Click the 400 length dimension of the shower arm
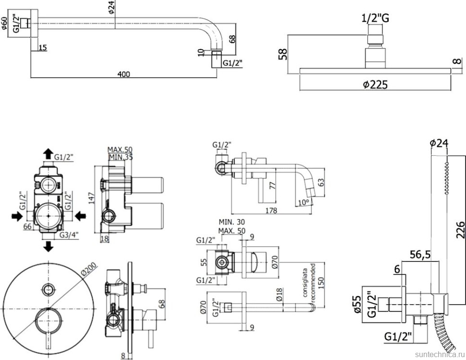point(124,74)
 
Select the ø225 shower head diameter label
point(375,85)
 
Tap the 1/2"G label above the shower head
point(375,19)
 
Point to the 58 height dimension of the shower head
point(283,54)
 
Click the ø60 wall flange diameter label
point(5,24)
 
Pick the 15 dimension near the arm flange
point(43,48)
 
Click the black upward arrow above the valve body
point(48,154)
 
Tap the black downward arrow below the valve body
point(48,247)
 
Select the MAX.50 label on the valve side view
point(120,149)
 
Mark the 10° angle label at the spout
point(303,202)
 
